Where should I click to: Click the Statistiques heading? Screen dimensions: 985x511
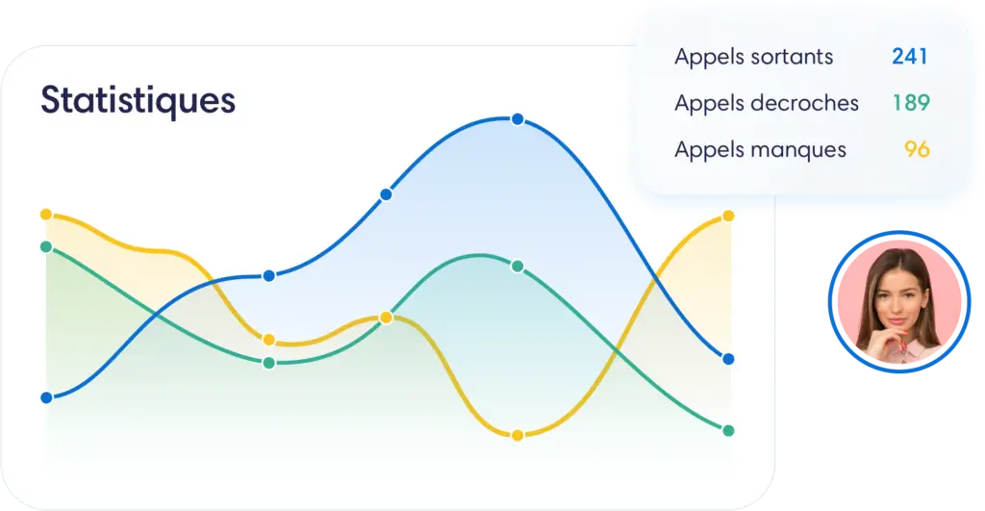139,101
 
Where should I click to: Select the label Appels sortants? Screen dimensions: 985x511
754,57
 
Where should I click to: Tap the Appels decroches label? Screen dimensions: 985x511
767,103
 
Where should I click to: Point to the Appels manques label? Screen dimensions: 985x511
760,149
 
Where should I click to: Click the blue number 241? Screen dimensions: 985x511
910,57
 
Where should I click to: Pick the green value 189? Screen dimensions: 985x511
912,102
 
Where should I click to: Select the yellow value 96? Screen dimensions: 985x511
917,149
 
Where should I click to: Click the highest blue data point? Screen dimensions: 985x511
518,119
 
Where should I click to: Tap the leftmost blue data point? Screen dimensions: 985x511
46,397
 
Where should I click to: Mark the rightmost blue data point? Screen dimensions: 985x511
729,360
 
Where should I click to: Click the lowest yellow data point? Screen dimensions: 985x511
518,436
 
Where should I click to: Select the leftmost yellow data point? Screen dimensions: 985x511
46,215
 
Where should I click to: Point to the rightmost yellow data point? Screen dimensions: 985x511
729,217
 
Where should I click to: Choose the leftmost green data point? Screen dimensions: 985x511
46,247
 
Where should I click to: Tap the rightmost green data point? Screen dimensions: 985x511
729,431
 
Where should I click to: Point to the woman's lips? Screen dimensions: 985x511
897,321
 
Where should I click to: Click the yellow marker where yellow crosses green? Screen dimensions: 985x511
387,318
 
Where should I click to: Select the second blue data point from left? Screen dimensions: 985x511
269,276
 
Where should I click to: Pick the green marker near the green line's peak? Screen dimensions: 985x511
518,267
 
